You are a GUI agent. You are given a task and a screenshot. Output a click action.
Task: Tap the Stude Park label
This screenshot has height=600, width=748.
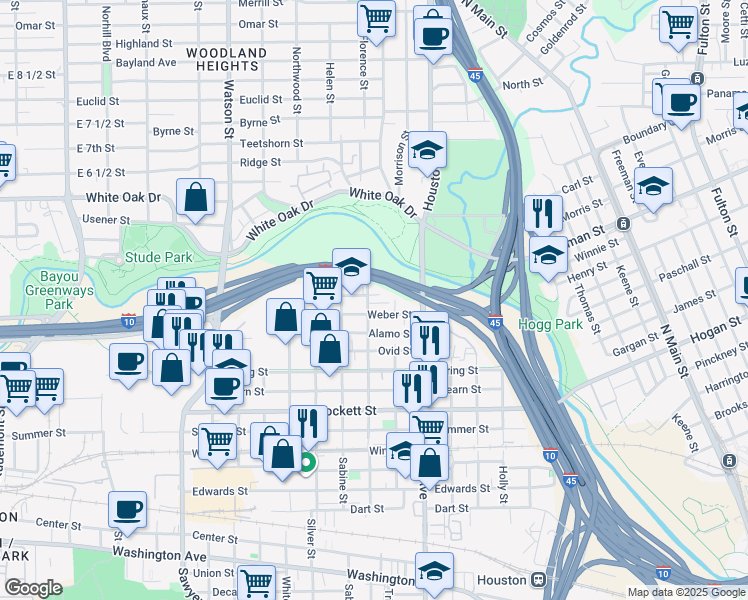158,258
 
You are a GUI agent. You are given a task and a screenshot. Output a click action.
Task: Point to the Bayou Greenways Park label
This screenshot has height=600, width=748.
58,290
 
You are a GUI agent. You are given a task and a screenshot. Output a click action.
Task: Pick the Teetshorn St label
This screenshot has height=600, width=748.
271,143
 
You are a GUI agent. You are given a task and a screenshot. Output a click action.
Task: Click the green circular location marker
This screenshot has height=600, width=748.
307,462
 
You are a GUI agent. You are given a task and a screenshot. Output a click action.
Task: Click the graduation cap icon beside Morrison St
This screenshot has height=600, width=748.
427,151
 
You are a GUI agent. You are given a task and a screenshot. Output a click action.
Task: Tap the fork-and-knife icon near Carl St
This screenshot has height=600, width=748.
543,213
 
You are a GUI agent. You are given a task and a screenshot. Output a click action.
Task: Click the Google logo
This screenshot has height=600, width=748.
33,588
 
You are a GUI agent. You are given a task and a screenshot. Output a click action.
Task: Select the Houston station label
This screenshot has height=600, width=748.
502,580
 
